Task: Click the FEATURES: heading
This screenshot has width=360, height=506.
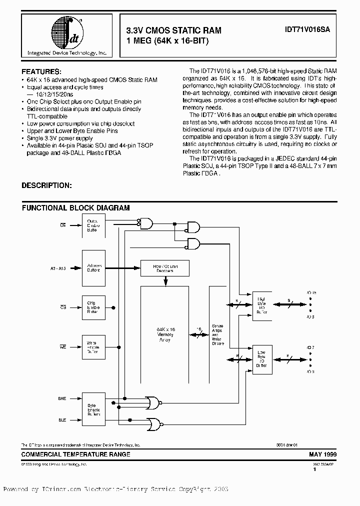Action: click(41, 71)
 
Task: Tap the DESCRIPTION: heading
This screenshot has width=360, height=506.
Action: click(46, 185)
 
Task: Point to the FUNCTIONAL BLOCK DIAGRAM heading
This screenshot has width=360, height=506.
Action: click(75, 208)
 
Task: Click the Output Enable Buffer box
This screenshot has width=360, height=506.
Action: click(93, 225)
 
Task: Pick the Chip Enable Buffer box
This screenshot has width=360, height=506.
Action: click(93, 307)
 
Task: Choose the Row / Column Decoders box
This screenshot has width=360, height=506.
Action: click(165, 268)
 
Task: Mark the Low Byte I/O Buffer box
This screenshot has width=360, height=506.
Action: click(262, 358)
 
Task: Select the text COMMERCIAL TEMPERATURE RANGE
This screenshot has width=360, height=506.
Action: click(75, 454)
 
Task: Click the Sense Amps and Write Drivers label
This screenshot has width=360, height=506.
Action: click(218, 334)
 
